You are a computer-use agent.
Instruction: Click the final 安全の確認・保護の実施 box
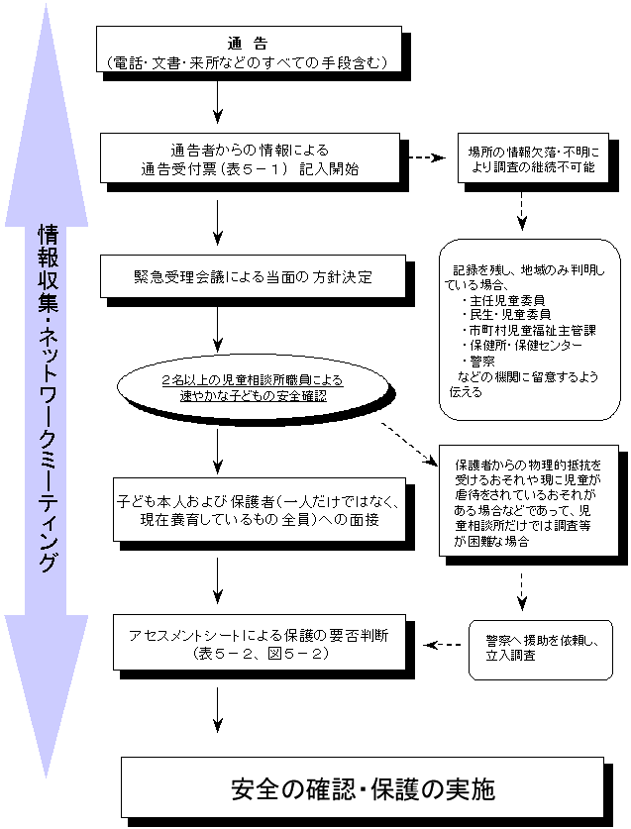coord(362,790)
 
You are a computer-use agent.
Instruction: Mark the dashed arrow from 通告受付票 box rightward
coord(427,157)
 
